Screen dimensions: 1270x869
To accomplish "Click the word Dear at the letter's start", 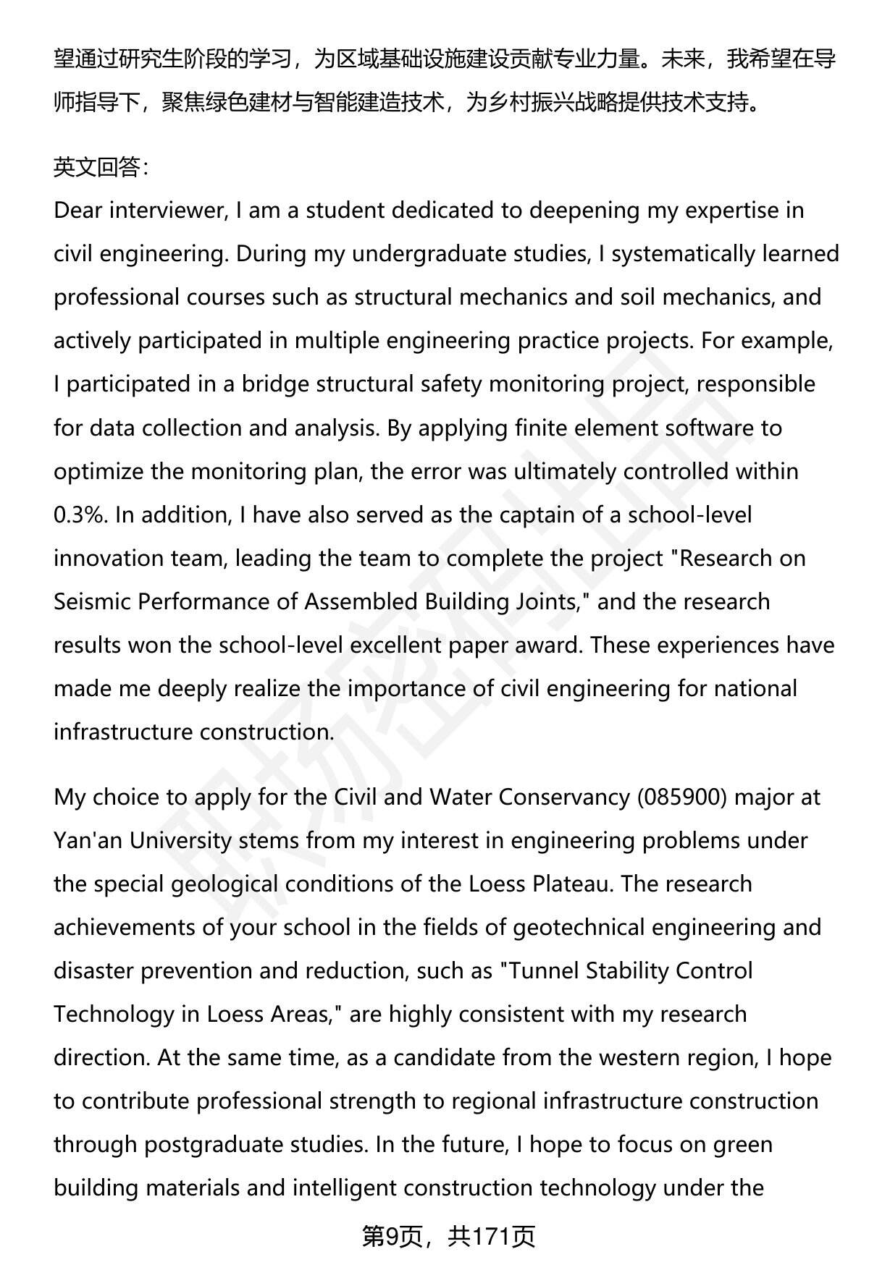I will tap(78, 211).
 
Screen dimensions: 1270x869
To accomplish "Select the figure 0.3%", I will tap(80, 515).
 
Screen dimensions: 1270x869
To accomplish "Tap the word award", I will tap(544, 645).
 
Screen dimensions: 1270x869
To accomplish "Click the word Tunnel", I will tap(542, 970).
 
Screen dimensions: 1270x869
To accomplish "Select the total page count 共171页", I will tap(491, 1237).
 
